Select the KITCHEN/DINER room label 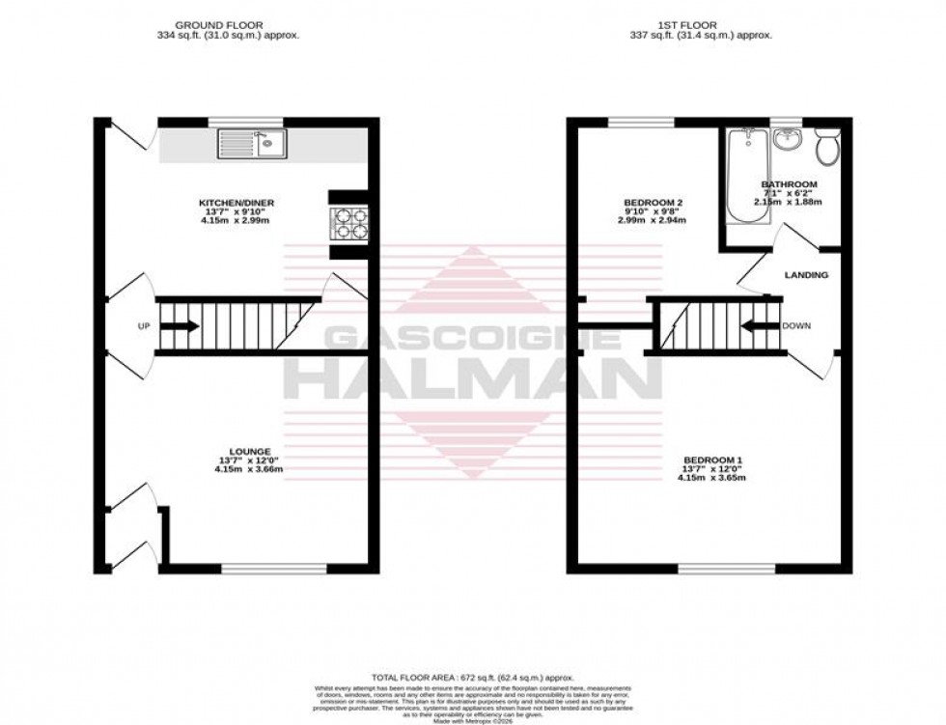tap(236, 203)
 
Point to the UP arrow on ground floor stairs tap(180, 326)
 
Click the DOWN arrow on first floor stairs tap(762, 326)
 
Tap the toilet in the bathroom tap(826, 148)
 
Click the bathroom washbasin tap(788, 141)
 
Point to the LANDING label tap(806, 275)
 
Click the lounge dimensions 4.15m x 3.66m tap(236, 470)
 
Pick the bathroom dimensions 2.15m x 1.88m tap(789, 202)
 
